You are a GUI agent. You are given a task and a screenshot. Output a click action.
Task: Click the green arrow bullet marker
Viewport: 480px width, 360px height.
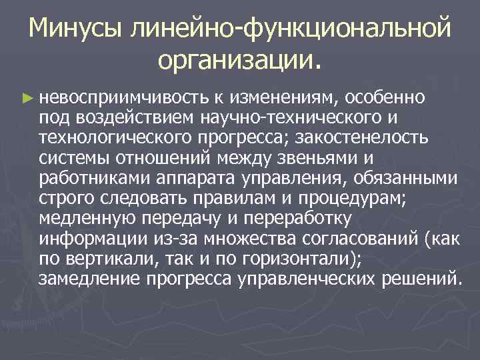pos(27,98)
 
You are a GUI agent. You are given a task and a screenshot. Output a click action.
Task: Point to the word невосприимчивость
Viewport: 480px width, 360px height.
pos(123,99)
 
